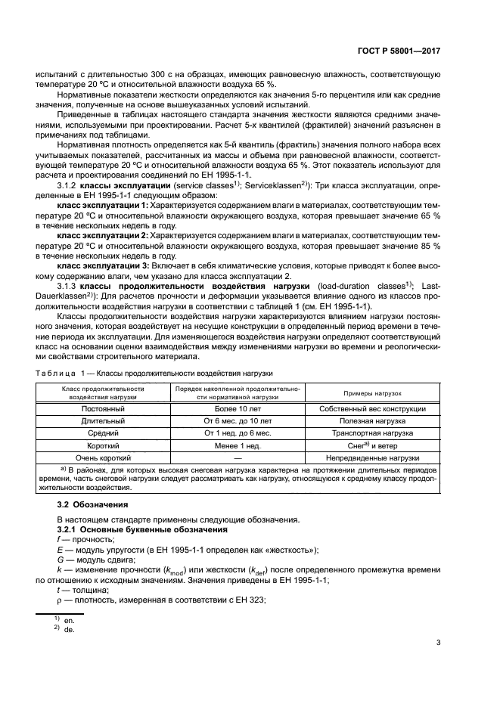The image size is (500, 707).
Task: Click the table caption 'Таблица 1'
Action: pyautogui.click(x=64, y=374)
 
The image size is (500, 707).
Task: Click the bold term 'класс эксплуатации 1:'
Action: pyautogui.click(x=103, y=205)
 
